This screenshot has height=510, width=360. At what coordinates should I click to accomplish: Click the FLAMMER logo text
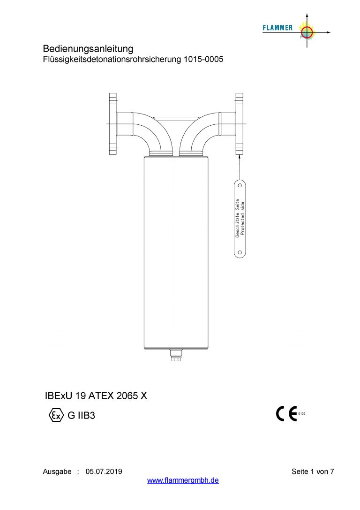pos(277,28)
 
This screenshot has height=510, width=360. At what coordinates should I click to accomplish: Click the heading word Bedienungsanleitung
pos(88,49)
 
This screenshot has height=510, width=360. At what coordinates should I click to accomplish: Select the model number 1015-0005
pos(203,59)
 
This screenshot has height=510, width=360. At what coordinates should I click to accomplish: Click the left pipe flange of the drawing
pos(113,123)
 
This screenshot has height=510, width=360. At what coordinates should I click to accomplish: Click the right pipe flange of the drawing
pos(239,123)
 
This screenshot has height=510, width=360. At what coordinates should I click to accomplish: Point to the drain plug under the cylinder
pos(175,355)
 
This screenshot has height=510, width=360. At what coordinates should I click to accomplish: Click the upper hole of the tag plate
pos(240,185)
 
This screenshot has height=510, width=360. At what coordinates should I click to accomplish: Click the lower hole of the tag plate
pos(240,252)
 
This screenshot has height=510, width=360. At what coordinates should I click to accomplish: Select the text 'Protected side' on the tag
pos(242,219)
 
